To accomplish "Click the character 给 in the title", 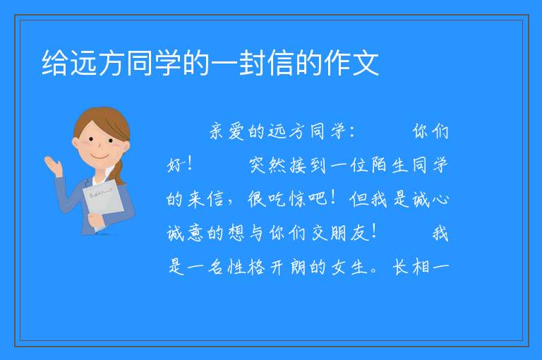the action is tap(55, 63).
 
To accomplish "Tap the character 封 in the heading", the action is tap(253, 63).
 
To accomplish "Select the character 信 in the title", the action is tap(282, 63).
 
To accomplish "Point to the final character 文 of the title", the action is tap(366, 63).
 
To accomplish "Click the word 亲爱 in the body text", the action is tap(227, 131).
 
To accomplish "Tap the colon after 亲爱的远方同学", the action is tap(352, 132).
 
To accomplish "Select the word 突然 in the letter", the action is tap(267, 165).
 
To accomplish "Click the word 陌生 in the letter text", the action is tap(390, 165).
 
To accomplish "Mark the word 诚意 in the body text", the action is tap(186, 233).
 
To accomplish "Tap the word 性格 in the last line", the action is tap(246, 267).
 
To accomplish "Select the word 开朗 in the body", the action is tap(288, 267).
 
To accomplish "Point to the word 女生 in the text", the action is tap(349, 267).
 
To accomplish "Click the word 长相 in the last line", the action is tap(409, 267).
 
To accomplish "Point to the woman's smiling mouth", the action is tap(100, 157).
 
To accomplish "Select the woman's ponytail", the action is tap(119, 172).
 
